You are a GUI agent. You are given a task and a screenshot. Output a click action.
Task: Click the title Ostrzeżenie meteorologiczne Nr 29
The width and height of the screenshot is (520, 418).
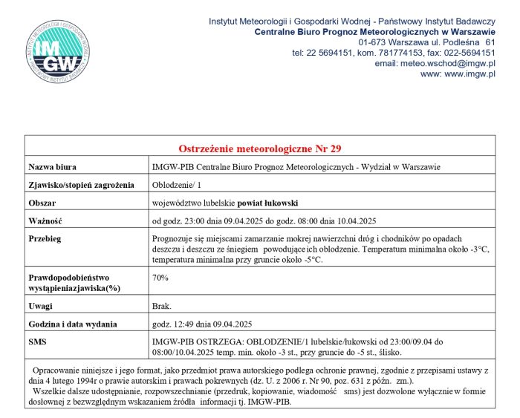[259, 148]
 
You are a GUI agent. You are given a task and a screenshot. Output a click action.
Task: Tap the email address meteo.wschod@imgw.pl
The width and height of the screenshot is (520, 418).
[435, 64]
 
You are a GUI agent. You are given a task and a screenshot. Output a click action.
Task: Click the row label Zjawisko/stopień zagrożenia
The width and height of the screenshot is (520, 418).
[80, 184]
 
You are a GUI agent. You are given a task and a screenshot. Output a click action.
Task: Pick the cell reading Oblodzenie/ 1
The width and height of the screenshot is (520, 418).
[176, 184]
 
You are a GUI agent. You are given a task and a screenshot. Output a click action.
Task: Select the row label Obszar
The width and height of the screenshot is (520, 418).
[42, 202]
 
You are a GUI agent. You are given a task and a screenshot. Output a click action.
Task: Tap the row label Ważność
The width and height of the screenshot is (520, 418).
[45, 221]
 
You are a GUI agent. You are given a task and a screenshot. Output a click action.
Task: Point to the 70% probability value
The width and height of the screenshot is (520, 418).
[160, 278]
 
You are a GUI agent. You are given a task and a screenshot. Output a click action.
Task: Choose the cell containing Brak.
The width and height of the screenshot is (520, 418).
[161, 306]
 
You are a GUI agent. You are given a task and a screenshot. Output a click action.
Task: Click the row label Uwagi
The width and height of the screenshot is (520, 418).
[41, 306]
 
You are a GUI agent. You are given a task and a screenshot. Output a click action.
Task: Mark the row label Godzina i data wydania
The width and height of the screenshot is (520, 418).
[73, 324]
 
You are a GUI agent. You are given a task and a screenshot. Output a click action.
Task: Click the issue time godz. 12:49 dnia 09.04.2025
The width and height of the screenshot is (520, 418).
[202, 324]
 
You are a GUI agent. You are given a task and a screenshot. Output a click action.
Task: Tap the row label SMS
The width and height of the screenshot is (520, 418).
[37, 342]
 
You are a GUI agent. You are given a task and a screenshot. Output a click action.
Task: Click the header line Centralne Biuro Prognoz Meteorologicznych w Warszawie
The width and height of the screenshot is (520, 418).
[374, 32]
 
